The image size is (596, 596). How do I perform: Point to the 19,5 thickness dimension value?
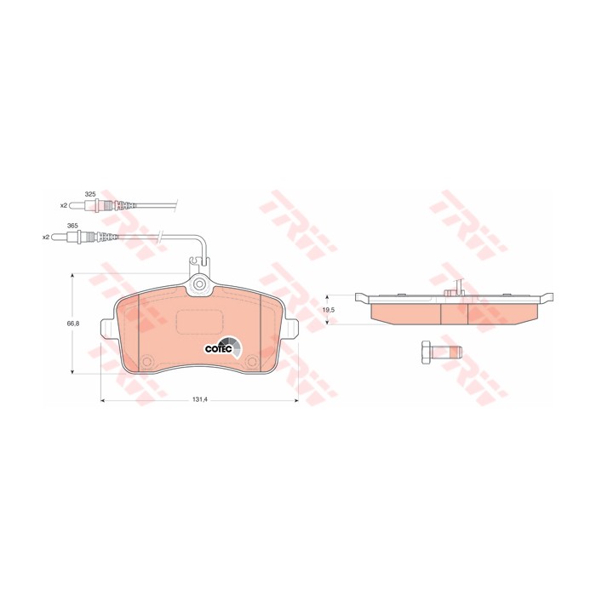[x=329, y=310]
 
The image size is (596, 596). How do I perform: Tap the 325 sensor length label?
[x=89, y=194]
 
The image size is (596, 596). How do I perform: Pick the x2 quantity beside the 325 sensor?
[x=64, y=205]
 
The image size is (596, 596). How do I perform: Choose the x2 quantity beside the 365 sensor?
[x=46, y=238]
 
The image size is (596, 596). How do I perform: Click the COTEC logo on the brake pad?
[x=223, y=347]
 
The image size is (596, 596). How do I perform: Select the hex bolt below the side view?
[x=441, y=353]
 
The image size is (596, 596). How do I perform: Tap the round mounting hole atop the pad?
[x=199, y=284]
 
